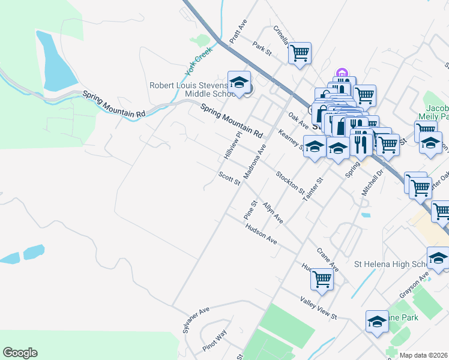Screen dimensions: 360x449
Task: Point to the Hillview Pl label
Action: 232,146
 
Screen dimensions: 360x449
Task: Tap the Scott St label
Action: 229,178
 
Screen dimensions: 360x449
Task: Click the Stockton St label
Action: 291,182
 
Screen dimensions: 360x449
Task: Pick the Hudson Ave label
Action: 261,233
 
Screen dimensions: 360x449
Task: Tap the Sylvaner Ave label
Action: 196,320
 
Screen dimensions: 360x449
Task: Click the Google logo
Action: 20,353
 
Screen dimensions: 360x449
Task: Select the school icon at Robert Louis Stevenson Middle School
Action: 239,83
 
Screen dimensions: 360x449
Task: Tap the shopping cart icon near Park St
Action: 300,53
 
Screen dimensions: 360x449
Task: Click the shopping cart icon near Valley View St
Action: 322,278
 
